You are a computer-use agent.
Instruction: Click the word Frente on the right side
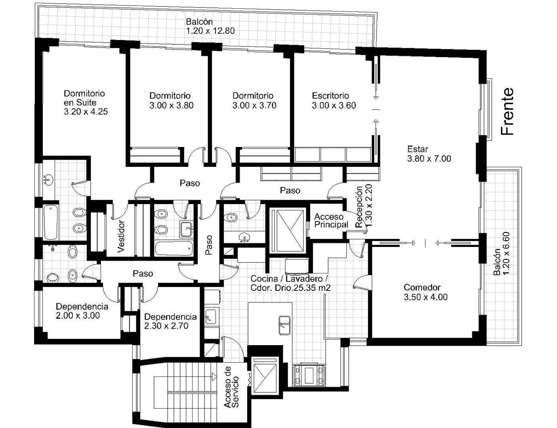coord(507,111)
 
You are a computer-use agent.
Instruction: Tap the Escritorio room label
coord(330,96)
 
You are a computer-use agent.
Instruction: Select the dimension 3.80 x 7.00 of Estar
coord(429,159)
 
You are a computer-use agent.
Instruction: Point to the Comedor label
coord(422,287)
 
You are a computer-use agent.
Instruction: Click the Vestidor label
coord(120,237)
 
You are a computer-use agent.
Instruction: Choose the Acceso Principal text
coord(331,221)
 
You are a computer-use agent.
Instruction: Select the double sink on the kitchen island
coord(284,325)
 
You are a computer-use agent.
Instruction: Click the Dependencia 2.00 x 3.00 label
coord(82,311)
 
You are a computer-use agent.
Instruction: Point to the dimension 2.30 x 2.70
coord(166,326)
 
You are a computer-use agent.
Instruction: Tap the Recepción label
coord(359,207)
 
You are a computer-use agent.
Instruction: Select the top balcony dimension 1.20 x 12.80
coord(210,31)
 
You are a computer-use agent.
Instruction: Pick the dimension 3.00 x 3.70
coord(254,105)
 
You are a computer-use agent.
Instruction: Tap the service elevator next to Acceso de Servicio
coord(265,376)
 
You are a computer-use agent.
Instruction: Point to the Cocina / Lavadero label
coord(289,279)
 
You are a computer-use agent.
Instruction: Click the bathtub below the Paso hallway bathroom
coord(174,248)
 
